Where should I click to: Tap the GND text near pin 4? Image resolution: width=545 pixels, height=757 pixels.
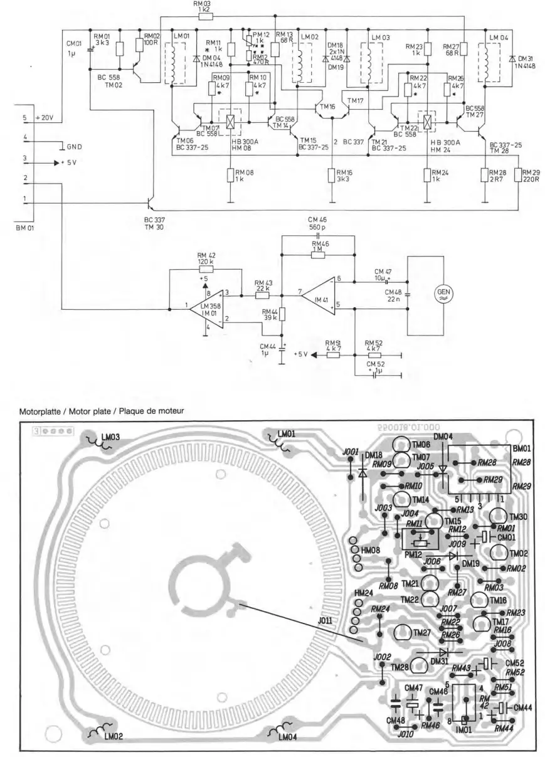point(74,147)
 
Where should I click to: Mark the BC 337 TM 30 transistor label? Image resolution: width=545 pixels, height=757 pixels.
point(157,223)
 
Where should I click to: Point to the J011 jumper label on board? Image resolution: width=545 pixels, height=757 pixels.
point(326,622)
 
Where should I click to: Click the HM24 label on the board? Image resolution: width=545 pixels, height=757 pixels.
point(364,593)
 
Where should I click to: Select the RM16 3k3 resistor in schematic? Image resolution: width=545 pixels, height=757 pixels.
point(332,175)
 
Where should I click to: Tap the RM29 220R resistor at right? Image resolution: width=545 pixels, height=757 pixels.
point(519,175)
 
